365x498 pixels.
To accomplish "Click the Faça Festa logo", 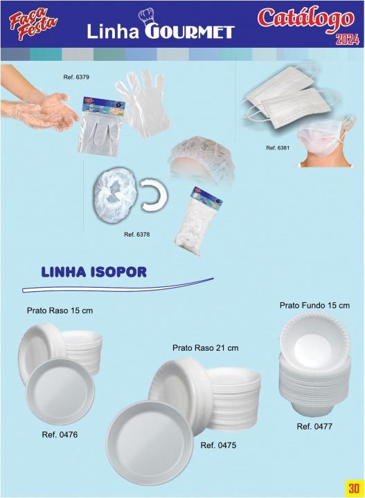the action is [x=33, y=24].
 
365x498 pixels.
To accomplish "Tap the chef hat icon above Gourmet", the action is [x=146, y=17].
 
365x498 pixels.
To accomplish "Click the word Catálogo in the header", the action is [x=305, y=19].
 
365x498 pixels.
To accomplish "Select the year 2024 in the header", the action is [x=348, y=39].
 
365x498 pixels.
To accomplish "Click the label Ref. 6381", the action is [x=278, y=147].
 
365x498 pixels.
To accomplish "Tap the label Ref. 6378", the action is [x=136, y=234].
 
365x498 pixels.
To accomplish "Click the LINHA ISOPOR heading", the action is [x=94, y=272].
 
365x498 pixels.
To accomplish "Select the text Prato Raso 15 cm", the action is [x=60, y=311].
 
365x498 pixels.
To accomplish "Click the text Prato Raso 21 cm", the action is [x=206, y=348].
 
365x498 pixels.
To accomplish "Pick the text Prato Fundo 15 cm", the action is [x=314, y=305].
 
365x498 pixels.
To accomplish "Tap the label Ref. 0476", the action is [x=60, y=434].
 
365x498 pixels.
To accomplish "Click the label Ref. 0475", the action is [x=218, y=445].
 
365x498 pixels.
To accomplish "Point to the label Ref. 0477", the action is [x=314, y=426].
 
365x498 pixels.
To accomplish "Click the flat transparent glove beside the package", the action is [x=145, y=103].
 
